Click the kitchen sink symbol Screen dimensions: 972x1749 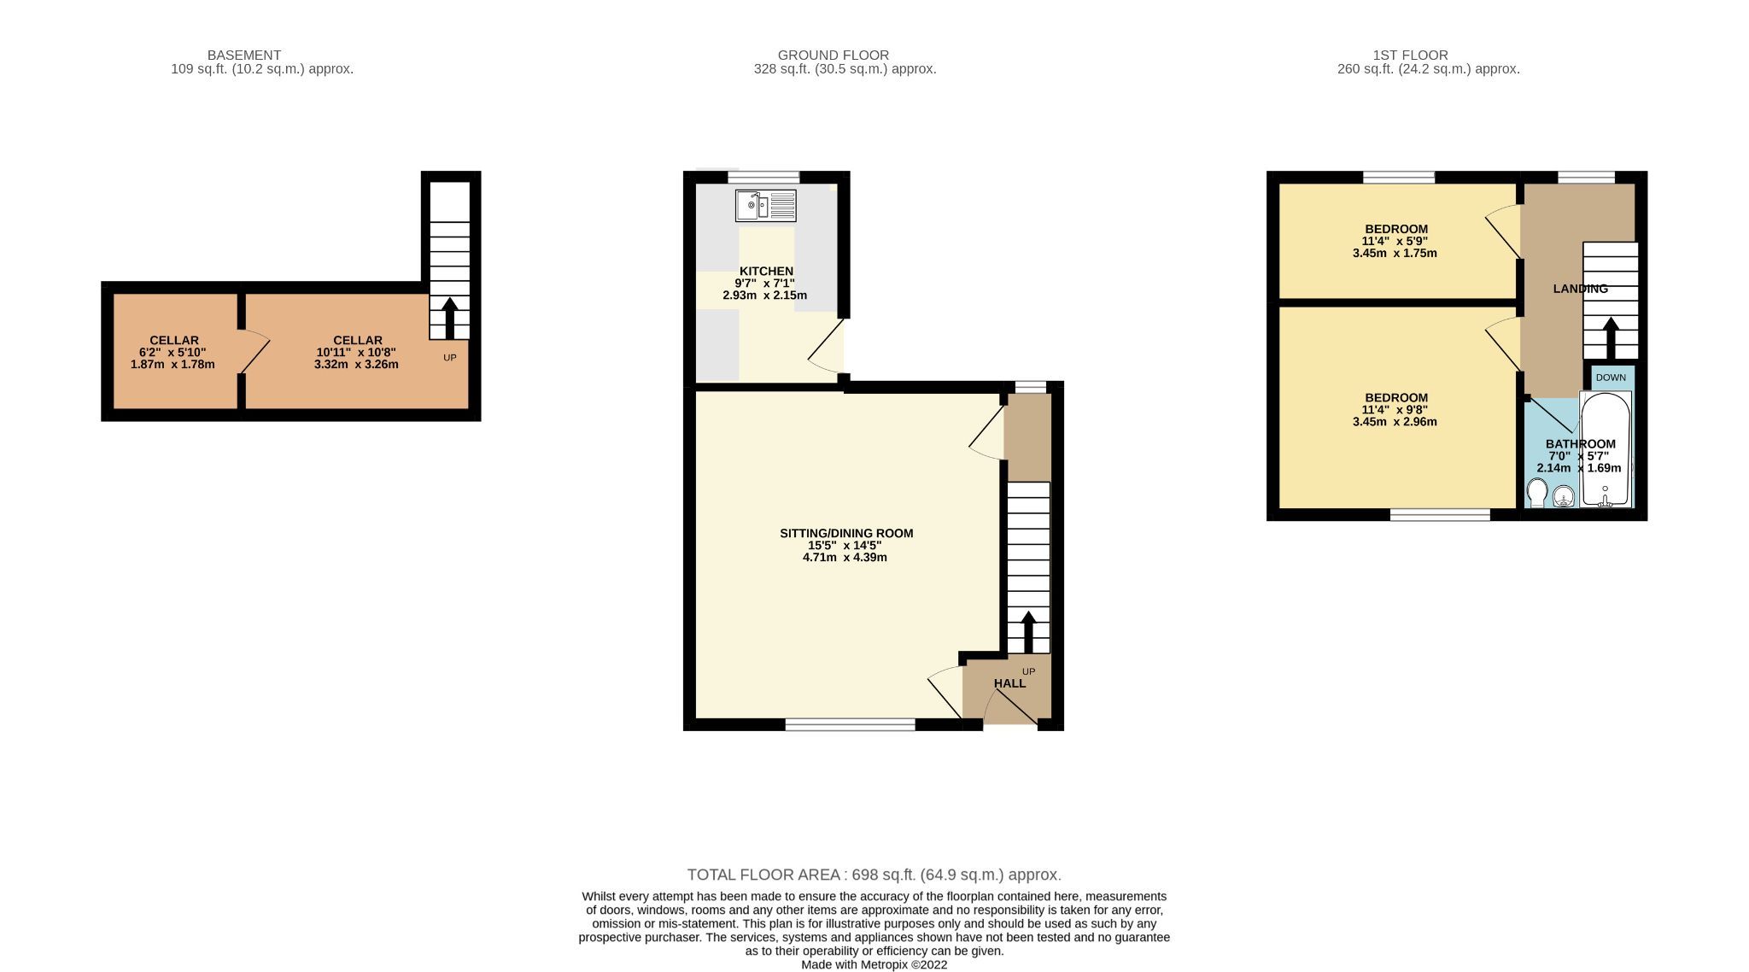(765, 206)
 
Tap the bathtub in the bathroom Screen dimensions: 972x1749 (1606, 450)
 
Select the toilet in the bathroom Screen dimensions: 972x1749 (1536, 494)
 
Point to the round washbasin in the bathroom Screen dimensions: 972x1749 (1564, 496)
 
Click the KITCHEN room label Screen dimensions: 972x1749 (766, 271)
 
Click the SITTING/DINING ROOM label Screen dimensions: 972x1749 (845, 533)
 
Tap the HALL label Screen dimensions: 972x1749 (1009, 683)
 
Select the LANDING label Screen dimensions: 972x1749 (1580, 289)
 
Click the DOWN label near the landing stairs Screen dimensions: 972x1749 (1611, 378)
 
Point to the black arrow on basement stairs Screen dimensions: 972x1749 (449, 319)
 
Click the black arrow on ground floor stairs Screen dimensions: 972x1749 (1028, 632)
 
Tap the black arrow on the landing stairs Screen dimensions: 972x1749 (1611, 338)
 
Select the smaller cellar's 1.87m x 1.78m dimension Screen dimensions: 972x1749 (173, 365)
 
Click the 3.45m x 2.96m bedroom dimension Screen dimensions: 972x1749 (1395, 422)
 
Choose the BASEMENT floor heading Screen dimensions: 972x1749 (244, 56)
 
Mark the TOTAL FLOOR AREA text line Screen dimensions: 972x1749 (874, 875)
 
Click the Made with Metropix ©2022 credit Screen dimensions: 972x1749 (874, 965)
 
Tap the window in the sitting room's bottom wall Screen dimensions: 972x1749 (850, 725)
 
